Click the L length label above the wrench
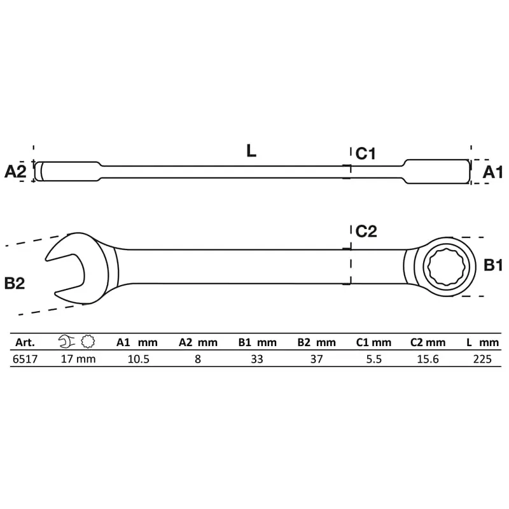(x=251, y=151)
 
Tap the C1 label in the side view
(x=365, y=153)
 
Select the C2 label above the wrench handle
(x=366, y=231)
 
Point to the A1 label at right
(x=492, y=172)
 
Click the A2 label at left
(x=15, y=171)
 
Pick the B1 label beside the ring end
(x=492, y=265)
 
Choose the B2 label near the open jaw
(x=15, y=283)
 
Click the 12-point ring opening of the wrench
(x=447, y=267)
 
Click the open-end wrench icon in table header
(x=67, y=342)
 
